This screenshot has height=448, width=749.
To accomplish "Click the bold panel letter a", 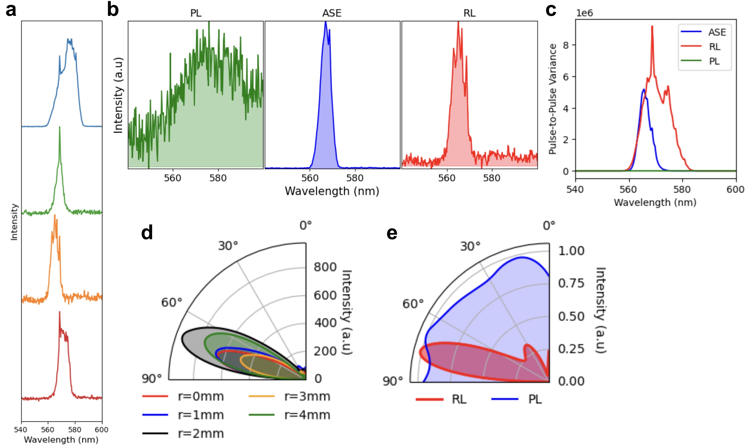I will tap(11, 10).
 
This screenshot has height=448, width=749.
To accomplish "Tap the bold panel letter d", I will tap(147, 233).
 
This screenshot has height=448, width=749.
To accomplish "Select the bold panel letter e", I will tap(392, 233).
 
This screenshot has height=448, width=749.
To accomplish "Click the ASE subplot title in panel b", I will tap(332, 13).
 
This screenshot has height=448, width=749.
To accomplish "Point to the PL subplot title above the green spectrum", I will tap(196, 13).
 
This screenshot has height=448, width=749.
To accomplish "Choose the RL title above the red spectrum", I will tap(469, 13).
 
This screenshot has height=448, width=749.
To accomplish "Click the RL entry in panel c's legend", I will tap(715, 47).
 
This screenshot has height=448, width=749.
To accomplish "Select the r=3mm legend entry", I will tap(307, 397).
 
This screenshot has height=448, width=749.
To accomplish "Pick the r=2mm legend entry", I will tap(201, 434).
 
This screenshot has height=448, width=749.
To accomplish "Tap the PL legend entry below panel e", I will tap(535, 399).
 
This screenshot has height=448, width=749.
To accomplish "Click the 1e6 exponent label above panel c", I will tap(584, 13).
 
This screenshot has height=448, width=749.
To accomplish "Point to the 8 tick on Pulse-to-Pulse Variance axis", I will tap(565, 45).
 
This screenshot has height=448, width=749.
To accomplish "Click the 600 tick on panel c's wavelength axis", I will tap(736, 190).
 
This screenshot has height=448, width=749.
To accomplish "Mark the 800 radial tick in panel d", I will tap(325, 267).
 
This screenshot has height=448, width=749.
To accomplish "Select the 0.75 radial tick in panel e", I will tap(571, 284).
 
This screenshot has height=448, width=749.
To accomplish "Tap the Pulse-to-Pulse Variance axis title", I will tap(553, 99).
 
